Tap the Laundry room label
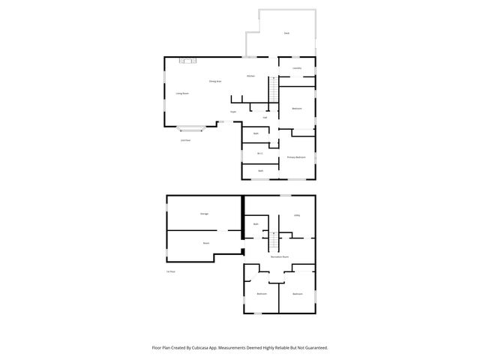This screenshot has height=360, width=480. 297,68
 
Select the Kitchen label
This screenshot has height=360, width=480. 252,76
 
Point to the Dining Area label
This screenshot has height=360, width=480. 214,80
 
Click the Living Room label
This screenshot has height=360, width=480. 181,93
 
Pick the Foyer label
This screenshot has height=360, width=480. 233,112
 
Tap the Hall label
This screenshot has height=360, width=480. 265,117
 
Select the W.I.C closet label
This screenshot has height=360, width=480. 259,153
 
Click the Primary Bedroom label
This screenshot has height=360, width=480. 296,157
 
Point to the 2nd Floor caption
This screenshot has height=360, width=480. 184,140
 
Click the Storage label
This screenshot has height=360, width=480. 204,214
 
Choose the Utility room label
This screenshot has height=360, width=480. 297,215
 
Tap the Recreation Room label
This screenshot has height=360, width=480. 280,256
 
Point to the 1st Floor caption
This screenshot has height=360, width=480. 171,271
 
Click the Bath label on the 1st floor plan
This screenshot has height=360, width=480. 256,224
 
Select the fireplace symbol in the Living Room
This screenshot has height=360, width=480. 187,60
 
